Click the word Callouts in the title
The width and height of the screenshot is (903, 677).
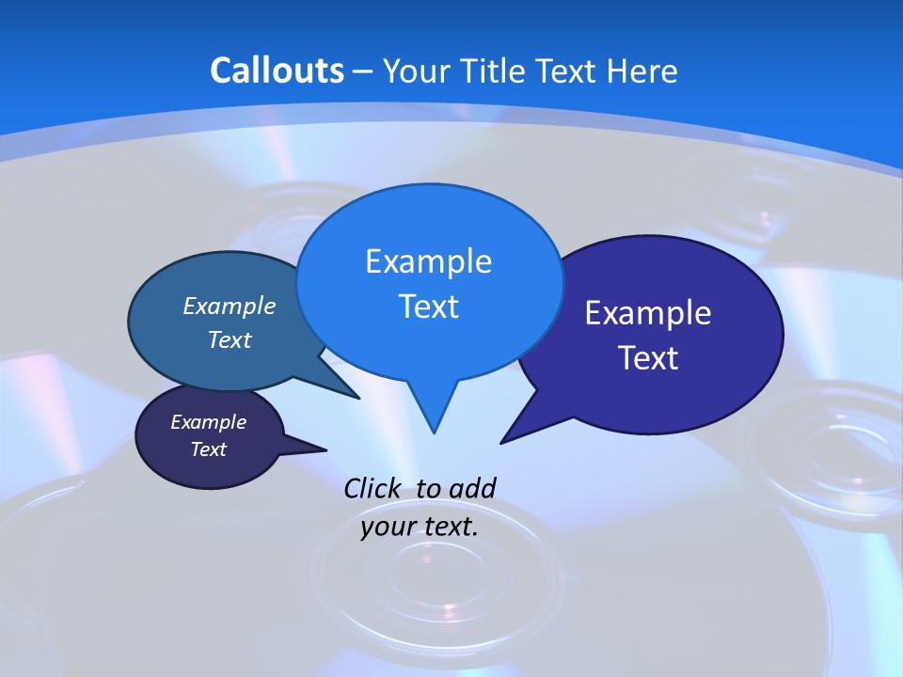277,71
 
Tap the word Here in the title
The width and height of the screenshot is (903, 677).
642,71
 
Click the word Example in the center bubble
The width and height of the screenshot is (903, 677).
428,261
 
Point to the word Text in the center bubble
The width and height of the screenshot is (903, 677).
428,307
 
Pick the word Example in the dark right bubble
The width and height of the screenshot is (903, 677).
648,313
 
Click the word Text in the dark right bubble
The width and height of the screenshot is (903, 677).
648,358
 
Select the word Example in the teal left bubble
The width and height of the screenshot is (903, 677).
230,306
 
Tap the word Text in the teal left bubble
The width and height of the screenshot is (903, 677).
230,339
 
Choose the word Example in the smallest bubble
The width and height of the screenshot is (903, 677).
209,422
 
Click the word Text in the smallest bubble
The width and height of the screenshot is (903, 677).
209,449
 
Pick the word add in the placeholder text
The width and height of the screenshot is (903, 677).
472,488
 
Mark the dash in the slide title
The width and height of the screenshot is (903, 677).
364,71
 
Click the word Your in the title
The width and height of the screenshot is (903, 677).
415,71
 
